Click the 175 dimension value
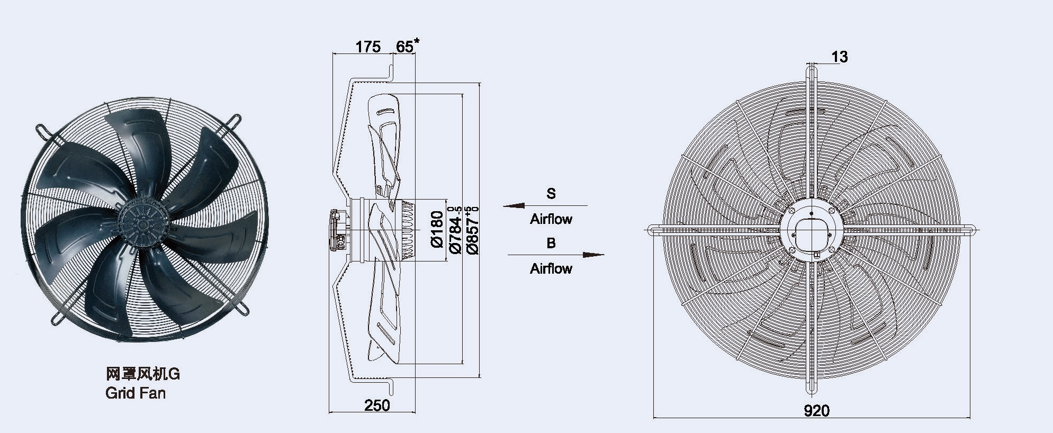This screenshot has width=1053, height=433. point(368,47)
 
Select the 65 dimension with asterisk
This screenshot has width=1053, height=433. point(407,46)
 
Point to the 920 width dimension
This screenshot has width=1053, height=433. point(817,410)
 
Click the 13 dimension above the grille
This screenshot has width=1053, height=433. point(840,57)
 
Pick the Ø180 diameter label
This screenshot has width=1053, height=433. point(437,229)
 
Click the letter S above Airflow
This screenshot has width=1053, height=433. point(551,194)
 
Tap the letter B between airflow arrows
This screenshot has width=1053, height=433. point(551,243)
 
